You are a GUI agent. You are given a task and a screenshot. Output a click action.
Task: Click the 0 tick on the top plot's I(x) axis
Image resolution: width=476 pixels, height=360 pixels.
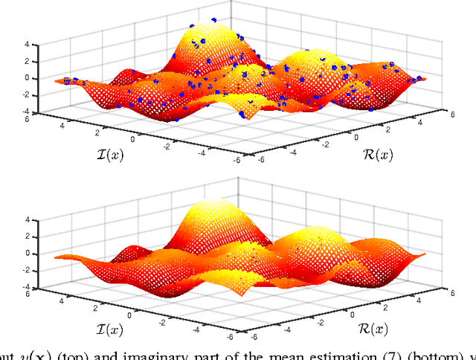coord(134,139)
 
